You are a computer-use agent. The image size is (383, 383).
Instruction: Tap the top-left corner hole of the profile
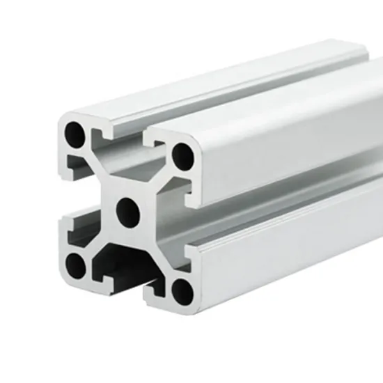pyautogui.click(x=74, y=132)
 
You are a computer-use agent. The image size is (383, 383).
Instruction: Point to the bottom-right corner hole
pyautogui.click(x=182, y=291)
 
